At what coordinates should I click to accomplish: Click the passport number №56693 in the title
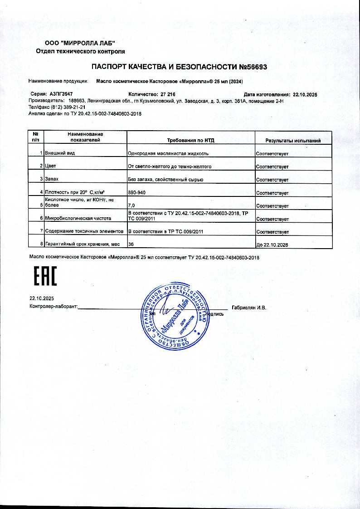(x=253, y=67)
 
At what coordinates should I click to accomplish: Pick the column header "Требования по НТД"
(x=191, y=141)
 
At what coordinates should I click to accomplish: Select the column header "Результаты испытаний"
(x=293, y=141)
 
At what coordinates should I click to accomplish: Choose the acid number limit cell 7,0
(x=131, y=206)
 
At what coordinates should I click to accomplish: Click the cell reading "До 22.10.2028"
(x=272, y=245)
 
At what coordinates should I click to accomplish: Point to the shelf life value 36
(x=131, y=245)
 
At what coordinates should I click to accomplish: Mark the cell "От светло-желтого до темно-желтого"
(x=170, y=167)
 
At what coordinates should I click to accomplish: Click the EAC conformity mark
(x=46, y=276)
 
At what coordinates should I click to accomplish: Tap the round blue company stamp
(x=175, y=315)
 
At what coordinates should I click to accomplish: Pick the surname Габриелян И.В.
(x=249, y=308)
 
